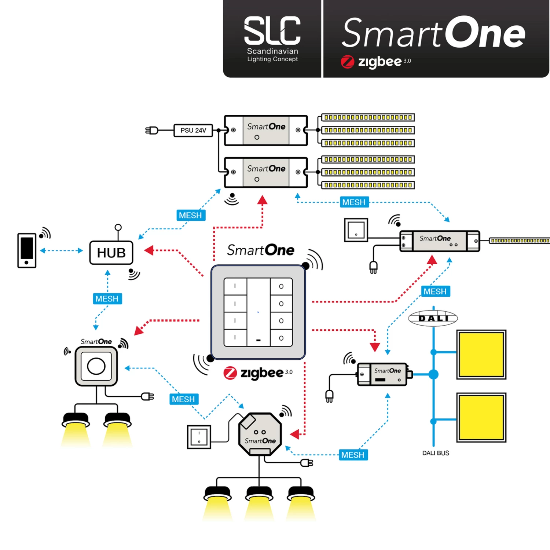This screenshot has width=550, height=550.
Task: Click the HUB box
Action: (x=111, y=253)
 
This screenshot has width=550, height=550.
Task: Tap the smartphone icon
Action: (x=27, y=250)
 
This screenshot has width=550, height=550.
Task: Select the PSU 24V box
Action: (x=193, y=130)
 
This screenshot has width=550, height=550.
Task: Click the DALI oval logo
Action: (x=433, y=318)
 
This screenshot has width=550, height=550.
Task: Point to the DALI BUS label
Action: (x=435, y=453)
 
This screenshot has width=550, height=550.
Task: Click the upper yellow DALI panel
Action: (x=481, y=354)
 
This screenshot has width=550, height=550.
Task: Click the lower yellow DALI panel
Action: (x=481, y=417)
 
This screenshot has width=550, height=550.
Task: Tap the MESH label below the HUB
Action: (x=107, y=298)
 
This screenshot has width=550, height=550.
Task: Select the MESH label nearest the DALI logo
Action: (x=435, y=291)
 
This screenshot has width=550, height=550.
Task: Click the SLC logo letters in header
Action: (x=272, y=31)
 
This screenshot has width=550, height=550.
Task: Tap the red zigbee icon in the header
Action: (x=347, y=62)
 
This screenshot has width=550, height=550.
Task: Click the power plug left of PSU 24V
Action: (x=152, y=130)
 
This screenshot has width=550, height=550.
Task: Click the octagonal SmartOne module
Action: (x=260, y=434)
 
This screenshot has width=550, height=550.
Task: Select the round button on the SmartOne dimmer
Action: (x=96, y=366)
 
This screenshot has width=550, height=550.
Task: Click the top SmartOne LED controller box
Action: (x=266, y=131)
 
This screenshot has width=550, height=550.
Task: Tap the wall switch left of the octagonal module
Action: (x=199, y=437)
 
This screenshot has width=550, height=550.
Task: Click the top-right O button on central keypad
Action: (x=281, y=286)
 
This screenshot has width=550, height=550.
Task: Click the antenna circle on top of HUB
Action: (x=118, y=227)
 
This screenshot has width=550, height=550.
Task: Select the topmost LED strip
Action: (x=368, y=117)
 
